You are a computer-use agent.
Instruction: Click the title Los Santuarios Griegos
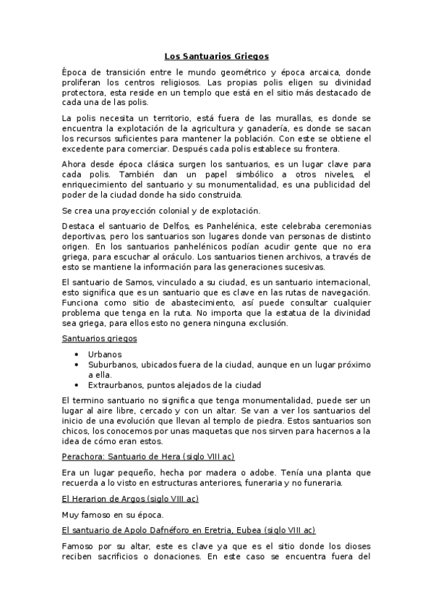click(x=216, y=55)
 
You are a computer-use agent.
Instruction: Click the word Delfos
click(x=166, y=226)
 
